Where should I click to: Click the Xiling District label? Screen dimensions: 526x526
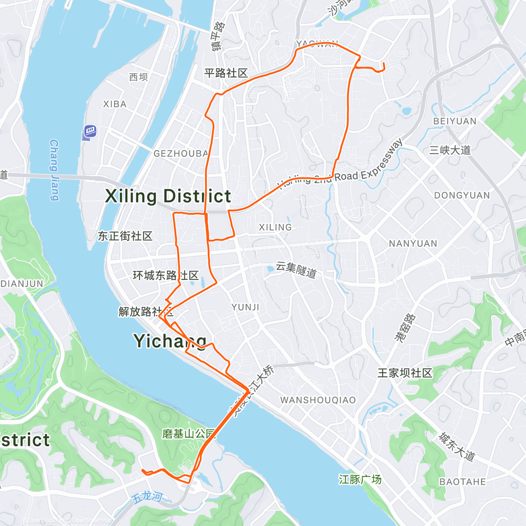[168, 196]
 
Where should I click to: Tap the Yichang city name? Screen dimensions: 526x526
[170, 341]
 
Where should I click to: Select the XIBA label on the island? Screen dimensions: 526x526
[115, 104]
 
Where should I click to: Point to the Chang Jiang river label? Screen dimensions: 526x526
[54, 170]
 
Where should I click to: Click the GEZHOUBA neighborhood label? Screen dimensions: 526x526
[181, 153]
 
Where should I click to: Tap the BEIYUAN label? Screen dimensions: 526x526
[455, 121]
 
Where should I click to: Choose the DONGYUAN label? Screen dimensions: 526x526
[462, 195]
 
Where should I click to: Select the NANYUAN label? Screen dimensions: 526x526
[413, 244]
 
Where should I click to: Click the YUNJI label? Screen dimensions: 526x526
[245, 307]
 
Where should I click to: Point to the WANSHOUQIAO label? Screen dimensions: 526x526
[318, 400]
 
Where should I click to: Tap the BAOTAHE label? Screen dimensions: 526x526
[462, 482]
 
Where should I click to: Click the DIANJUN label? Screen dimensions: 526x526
[22, 284]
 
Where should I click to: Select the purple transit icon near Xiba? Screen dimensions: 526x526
[89, 131]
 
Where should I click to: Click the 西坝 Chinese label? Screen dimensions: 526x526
[139, 77]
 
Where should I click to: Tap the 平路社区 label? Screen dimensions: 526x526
[226, 73]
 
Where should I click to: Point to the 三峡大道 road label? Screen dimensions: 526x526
[450, 150]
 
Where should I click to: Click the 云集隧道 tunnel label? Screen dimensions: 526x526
[296, 270]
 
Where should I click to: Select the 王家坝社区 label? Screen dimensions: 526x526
[405, 373]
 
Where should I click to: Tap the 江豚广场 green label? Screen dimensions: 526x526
[360, 480]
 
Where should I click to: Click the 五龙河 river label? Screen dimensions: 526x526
[147, 497]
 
